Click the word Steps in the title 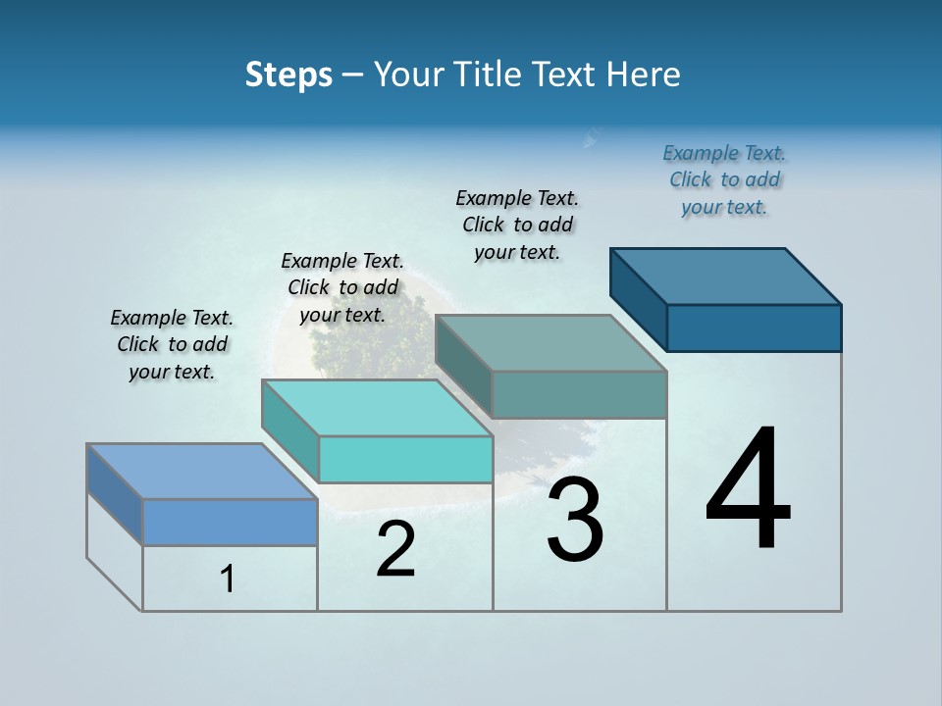(288, 75)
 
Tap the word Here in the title (643, 75)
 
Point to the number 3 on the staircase (575, 521)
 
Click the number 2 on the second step (395, 549)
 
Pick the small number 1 (228, 580)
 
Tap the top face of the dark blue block (726, 277)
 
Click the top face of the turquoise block (377, 408)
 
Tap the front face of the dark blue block (754, 328)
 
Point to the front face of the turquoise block (405, 459)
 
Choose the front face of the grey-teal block (579, 394)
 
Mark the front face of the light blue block (230, 522)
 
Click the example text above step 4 (724, 180)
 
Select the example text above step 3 (517, 226)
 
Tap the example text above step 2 (342, 288)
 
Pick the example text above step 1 (172, 345)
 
